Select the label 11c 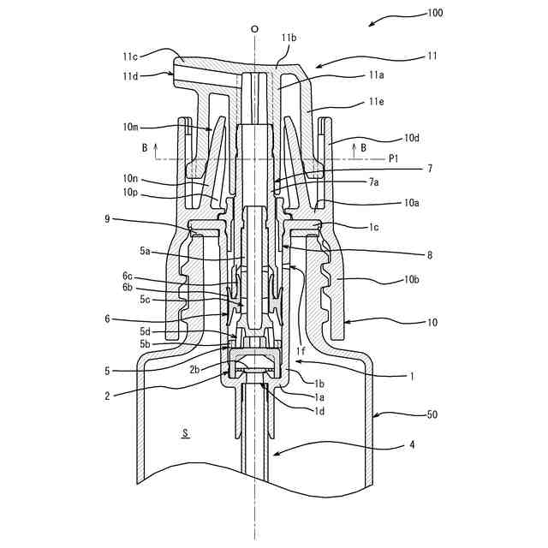pos(130,57)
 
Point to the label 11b pos(289,39)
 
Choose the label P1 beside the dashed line pos(394,158)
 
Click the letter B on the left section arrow pos(145,147)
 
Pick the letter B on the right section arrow pos(364,147)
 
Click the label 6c pos(128,276)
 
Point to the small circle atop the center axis pos(254,29)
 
